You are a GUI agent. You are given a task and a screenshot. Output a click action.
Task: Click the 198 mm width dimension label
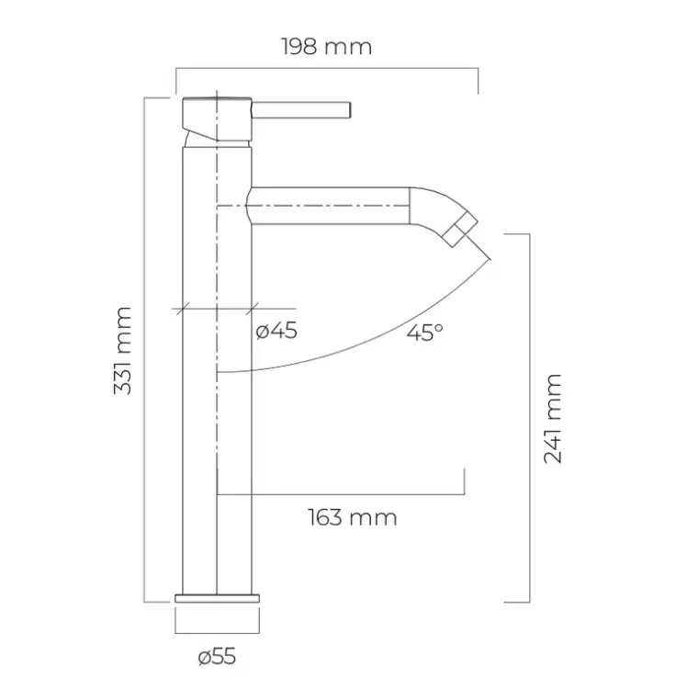tap(326, 47)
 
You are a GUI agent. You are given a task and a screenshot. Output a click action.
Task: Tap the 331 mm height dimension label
tap(122, 351)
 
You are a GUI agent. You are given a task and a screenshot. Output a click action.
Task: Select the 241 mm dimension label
tap(553, 419)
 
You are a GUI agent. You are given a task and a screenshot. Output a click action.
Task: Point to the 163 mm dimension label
tap(353, 517)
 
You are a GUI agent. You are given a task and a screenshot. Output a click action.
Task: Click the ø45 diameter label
tap(276, 331)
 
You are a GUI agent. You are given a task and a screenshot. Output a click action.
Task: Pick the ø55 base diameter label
tap(217, 657)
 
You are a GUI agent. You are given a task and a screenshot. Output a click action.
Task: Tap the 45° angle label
tap(424, 333)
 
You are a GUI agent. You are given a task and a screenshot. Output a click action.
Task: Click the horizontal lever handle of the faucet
tap(301, 110)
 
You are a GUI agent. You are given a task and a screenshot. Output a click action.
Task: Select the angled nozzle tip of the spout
tap(460, 229)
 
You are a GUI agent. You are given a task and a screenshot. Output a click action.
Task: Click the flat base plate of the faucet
tap(217, 598)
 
